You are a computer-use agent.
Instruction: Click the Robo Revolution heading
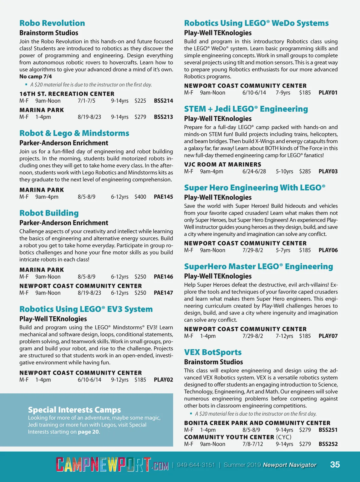[x=52, y=23]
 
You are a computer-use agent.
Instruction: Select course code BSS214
[x=163, y=101]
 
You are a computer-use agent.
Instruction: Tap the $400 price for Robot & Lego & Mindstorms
[x=140, y=197]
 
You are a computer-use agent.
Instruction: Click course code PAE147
[x=163, y=293]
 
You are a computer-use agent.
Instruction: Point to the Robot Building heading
[x=49, y=213]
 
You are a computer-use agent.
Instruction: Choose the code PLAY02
[x=163, y=380]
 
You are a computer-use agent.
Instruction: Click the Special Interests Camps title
[x=74, y=410]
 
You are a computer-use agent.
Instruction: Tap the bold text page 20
[x=88, y=432]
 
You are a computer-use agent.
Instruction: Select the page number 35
[x=335, y=465]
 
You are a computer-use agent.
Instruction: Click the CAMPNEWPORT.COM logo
[x=112, y=465]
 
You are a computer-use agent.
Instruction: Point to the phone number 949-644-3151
[x=196, y=465]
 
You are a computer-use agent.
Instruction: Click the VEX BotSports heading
[x=213, y=352]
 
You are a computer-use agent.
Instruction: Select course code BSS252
[x=328, y=444]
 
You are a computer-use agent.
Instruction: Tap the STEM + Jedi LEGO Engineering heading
[x=246, y=109]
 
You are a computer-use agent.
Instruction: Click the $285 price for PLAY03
[x=305, y=171]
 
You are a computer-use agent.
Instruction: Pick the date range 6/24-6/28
[x=254, y=171]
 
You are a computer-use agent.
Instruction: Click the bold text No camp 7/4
[x=36, y=77]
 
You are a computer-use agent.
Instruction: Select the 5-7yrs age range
[x=283, y=250]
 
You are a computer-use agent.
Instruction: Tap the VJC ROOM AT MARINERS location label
[x=223, y=164]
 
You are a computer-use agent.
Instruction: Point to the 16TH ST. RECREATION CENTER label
[x=67, y=94]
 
